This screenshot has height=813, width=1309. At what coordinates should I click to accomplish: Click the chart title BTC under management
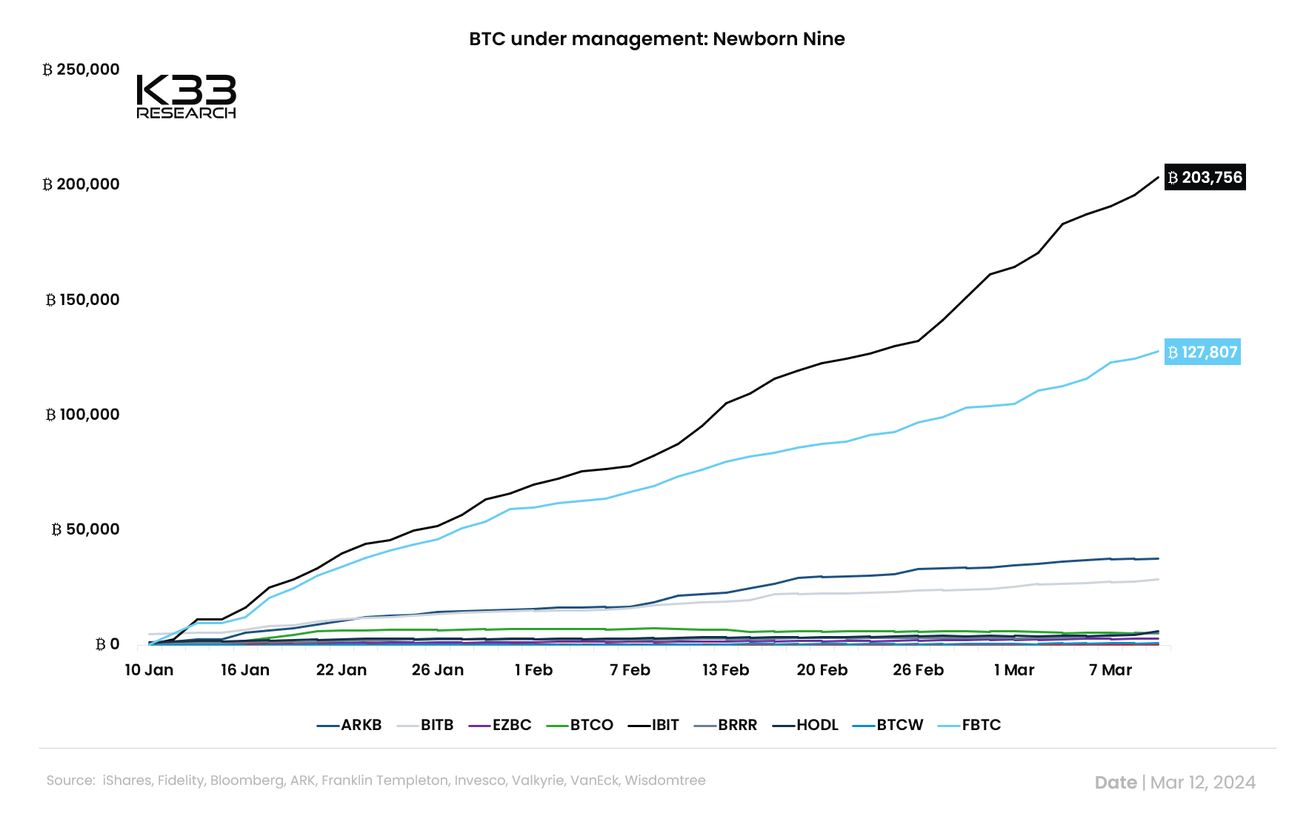coord(656,39)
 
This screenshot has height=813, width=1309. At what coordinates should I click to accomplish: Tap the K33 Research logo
coord(186,96)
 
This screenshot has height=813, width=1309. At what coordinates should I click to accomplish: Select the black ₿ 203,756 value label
coord(1205,178)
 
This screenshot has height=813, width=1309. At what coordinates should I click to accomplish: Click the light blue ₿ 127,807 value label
coord(1202,352)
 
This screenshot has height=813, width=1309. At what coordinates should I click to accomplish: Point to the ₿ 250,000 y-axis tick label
coord(81,70)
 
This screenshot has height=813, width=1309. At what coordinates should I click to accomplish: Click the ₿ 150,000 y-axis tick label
coord(83,300)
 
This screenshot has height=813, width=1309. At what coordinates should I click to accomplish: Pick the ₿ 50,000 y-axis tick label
coord(86,529)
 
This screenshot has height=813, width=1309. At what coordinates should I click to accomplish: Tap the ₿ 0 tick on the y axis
coord(107,644)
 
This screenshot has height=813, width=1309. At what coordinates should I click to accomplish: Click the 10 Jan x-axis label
coord(149,670)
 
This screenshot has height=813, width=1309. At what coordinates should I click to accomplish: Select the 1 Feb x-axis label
coord(533,670)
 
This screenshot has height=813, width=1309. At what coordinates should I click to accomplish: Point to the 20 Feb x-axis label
coord(822,670)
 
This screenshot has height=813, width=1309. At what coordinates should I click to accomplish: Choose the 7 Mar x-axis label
coord(1110,670)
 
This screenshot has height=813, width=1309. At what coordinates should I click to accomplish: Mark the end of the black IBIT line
coord(1158,177)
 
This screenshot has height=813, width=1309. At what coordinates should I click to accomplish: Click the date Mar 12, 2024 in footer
coord(1202,783)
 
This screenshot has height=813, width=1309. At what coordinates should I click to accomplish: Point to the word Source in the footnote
coord(70,780)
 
